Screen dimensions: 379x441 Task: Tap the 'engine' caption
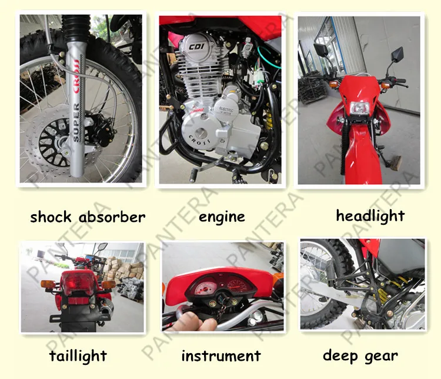[x=222, y=217]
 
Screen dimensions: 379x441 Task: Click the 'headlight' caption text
[x=370, y=216]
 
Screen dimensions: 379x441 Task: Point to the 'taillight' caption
[x=78, y=356]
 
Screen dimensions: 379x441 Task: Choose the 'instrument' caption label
[x=220, y=356]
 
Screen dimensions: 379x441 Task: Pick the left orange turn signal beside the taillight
[x=47, y=284]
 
